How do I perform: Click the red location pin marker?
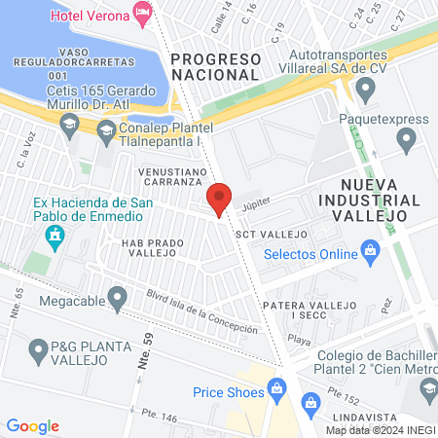220,199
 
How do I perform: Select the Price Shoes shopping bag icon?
277,391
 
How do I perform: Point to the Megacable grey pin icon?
118,300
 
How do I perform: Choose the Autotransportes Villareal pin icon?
366,91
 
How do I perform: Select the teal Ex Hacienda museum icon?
55,235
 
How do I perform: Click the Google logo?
32,426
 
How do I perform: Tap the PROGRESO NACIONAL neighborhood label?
214,66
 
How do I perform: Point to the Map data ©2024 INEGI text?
379,430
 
